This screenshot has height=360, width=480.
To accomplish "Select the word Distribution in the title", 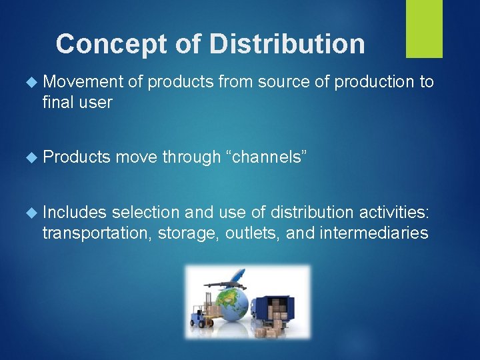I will coord(287,44).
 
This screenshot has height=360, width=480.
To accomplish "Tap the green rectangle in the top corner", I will coord(424,28).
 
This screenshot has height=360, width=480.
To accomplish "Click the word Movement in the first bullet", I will coord(83,82).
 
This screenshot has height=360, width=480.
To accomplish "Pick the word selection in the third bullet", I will coord(146,212).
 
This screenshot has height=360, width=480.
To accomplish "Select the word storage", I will coord(182,233).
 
